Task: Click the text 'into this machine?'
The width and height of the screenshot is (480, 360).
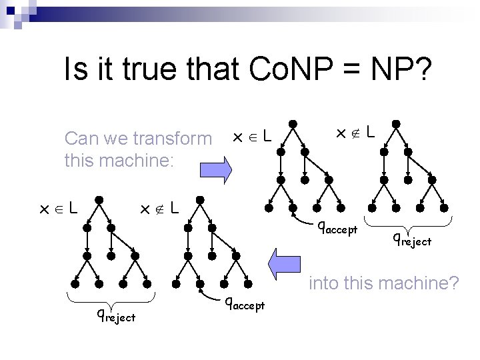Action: [383, 283]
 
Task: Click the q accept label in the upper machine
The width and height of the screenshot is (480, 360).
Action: [338, 229]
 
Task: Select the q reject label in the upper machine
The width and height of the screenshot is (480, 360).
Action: [411, 238]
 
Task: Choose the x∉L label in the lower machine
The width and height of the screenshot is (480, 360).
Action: [158, 209]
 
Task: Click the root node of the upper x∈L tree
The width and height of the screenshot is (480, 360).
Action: [292, 124]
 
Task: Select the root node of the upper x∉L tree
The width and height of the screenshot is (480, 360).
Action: [395, 124]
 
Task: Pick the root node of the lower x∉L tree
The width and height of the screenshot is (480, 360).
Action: [199, 199]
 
